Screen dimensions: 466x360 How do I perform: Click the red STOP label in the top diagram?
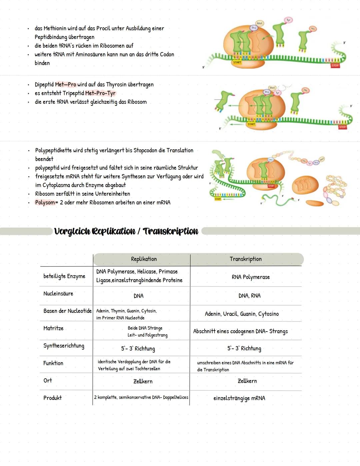pyautogui.click(x=335, y=65)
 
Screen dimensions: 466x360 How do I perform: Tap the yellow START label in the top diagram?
pyautogui.click(x=237, y=62)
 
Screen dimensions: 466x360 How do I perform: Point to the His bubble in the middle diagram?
pyautogui.click(x=305, y=90)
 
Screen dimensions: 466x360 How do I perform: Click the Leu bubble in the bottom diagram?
pyautogui.click(x=271, y=159)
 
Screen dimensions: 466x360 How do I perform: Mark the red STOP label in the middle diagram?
pyautogui.click(x=342, y=127)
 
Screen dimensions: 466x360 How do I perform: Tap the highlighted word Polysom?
pyautogui.click(x=45, y=202)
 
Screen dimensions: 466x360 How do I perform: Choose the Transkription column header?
pyautogui.click(x=246, y=259)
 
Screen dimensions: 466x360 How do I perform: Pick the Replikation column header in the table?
pyautogui.click(x=144, y=259)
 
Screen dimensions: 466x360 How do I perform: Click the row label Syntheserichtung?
pyautogui.click(x=64, y=346)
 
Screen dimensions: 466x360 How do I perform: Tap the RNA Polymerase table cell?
pyautogui.click(x=251, y=277)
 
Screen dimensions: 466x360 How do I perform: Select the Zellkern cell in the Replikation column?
pyautogui.click(x=143, y=381)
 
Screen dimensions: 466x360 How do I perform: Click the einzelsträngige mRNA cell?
pyautogui.click(x=239, y=398)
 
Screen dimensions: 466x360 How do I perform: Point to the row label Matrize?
pyautogui.click(x=53, y=328)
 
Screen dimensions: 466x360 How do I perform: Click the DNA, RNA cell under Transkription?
pyautogui.click(x=249, y=296)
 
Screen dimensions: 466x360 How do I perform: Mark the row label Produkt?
pyautogui.click(x=52, y=398)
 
